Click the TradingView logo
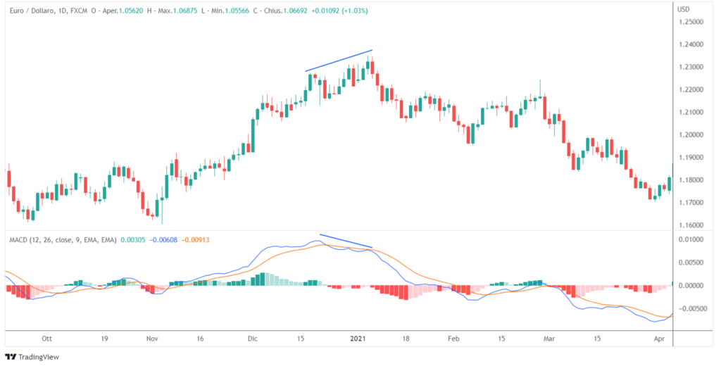pos(32,357)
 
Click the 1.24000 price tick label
pos(693,44)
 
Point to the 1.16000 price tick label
pos(693,225)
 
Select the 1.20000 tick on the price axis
pos(693,135)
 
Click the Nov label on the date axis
pos(152,339)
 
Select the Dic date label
pos(252,339)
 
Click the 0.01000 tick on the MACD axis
pos(693,240)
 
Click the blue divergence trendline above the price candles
pos(339,61)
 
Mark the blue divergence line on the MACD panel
pos(346,241)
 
